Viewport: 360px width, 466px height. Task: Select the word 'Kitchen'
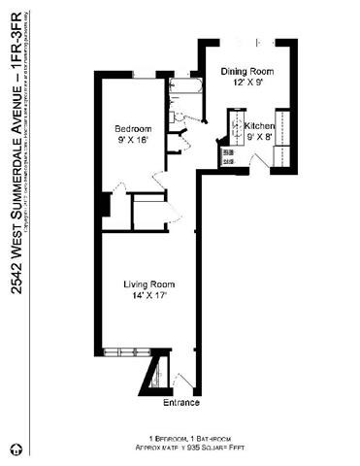click(259, 127)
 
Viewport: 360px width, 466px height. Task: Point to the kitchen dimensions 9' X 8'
click(259, 139)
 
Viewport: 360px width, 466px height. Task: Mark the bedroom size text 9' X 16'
click(133, 140)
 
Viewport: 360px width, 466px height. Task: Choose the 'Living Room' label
click(147, 283)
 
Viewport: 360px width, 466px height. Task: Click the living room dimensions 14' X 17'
click(147, 295)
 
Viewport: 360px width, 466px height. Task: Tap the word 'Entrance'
click(181, 402)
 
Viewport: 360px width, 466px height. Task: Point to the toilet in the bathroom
click(178, 116)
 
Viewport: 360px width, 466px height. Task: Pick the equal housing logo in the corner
click(16, 449)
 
